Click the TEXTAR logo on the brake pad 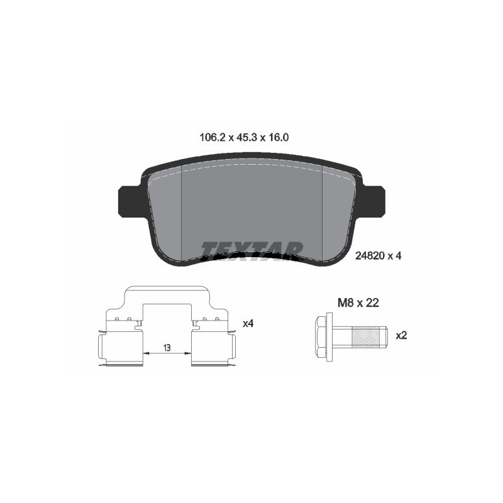click(x=251, y=250)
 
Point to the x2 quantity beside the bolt click(x=401, y=335)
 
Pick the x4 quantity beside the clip click(x=248, y=323)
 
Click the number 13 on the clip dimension click(x=167, y=346)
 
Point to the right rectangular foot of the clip click(x=213, y=348)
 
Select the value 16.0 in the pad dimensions click(x=279, y=137)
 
